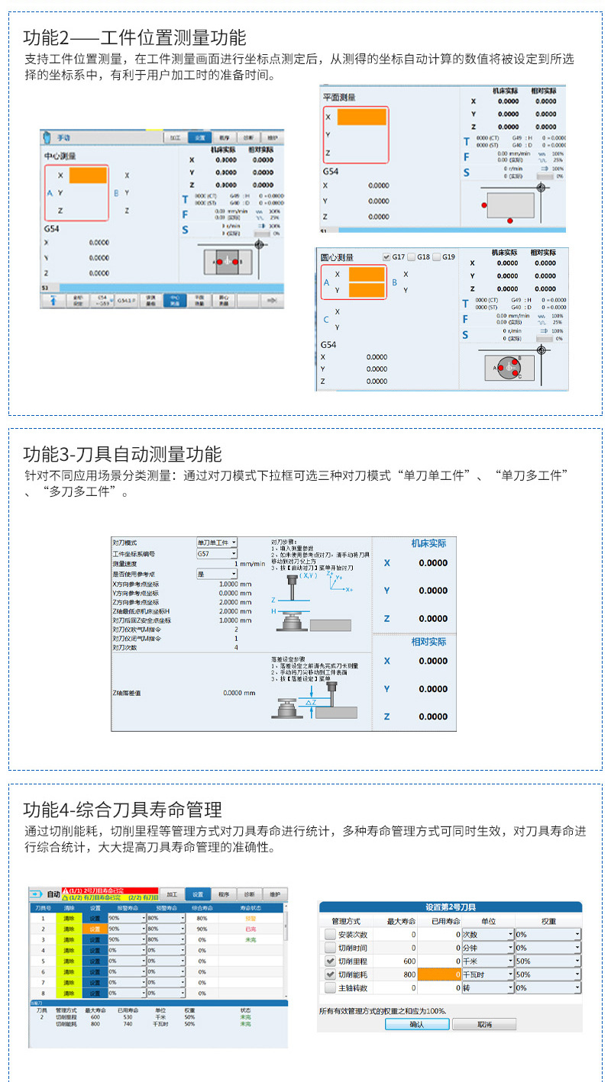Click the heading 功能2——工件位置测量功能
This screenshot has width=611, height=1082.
134,37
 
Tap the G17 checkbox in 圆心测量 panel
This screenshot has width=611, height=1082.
386,257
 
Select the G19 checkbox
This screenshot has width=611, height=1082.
437,257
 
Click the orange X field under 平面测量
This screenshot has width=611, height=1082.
361,117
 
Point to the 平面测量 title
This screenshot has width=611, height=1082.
339,98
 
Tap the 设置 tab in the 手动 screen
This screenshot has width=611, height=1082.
199,137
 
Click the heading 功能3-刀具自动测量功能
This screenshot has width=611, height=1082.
122,454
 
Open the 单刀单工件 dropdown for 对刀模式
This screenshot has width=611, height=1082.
217,542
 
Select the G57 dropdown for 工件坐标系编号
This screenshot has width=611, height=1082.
217,553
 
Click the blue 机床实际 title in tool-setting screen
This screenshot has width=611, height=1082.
428,543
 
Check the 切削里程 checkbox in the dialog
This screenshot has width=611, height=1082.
330,961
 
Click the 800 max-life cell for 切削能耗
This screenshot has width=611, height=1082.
404,974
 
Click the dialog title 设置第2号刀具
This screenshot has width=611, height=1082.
450,907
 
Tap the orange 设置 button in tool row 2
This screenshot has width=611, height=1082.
95,929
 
